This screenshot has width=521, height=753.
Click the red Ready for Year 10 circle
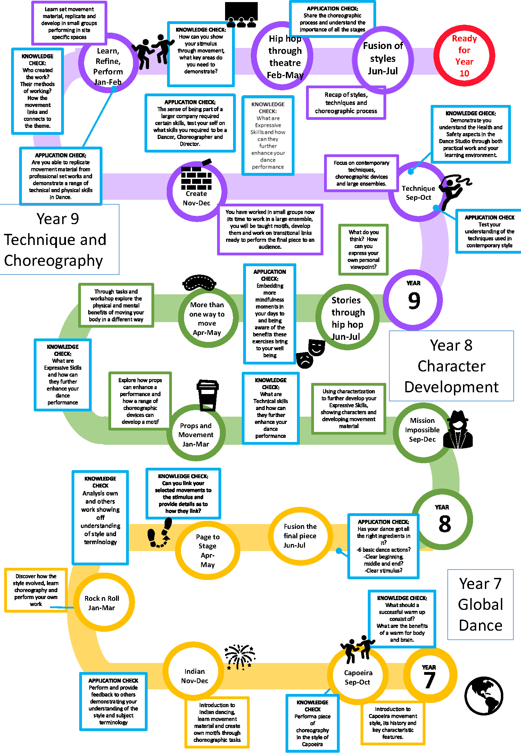464,56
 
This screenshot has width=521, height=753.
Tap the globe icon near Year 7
483,695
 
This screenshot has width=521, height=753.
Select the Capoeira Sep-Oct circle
358,677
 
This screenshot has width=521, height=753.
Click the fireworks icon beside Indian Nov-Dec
239,656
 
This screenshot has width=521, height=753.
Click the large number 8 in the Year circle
444,524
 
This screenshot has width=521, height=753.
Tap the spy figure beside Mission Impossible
459,430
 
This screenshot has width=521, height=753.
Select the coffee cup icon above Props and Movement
207,394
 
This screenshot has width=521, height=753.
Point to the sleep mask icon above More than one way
199,283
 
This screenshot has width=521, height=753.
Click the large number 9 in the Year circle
414,301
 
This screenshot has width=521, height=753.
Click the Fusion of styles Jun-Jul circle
383,59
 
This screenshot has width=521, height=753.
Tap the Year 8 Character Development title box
451,366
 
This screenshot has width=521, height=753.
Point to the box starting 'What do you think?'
363,249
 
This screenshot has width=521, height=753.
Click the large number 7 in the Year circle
429,680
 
